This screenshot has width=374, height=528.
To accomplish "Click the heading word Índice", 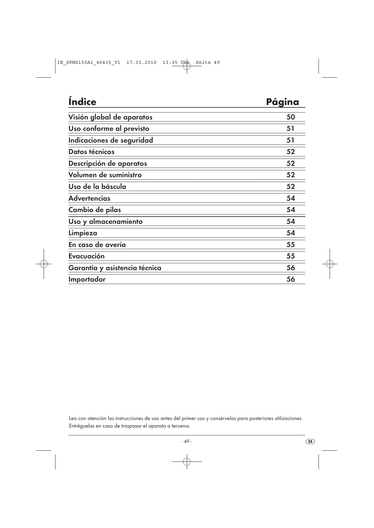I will click(82, 102).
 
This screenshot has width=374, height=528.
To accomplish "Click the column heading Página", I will click(282, 102).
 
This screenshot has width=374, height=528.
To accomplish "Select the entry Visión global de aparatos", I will click(110, 117).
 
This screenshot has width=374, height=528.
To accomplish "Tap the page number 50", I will click(291, 117).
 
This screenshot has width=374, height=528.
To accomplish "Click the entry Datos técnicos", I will click(91, 152).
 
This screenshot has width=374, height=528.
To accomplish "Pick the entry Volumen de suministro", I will click(105, 175).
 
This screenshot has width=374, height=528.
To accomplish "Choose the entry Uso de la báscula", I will click(97, 187).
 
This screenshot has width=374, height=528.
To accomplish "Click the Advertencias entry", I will click(89, 198).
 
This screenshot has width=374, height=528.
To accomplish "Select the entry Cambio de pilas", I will click(95, 210).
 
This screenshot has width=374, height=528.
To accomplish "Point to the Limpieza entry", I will click(83, 233).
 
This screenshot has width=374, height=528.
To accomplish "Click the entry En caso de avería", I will click(97, 245).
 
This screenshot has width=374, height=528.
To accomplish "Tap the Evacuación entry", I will click(86, 256).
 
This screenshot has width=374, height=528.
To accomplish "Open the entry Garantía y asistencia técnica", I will click(115, 268).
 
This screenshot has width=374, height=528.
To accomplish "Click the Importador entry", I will click(87, 279).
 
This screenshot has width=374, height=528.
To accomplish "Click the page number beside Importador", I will click(291, 279).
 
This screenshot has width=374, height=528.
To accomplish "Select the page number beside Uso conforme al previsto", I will click(291, 128).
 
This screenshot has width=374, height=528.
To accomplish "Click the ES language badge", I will click(310, 441).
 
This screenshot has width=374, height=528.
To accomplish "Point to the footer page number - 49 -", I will click(187, 441).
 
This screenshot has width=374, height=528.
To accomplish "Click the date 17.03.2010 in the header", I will click(141, 63).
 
